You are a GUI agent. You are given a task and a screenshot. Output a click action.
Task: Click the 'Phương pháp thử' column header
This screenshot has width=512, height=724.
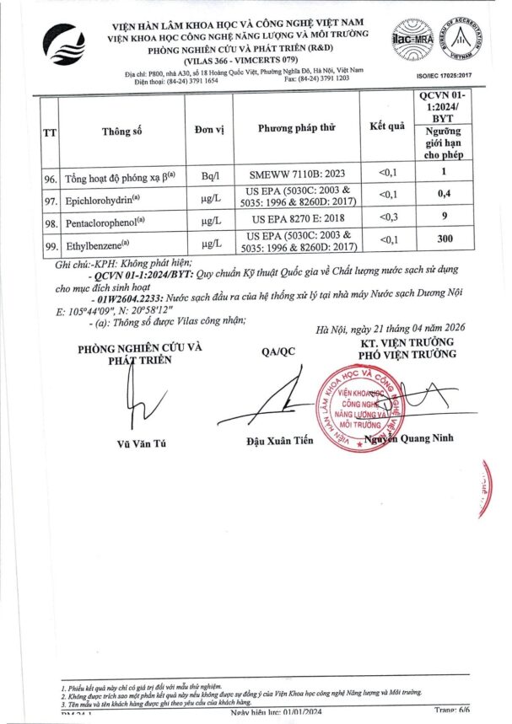(296, 128)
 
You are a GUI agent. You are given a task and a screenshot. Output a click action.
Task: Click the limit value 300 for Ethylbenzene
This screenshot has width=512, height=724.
(447, 240)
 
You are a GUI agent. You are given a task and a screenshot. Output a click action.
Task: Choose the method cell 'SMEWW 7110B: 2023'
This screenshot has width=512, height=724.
(296, 173)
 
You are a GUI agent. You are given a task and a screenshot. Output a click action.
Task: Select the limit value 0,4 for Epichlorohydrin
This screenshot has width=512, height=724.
(447, 195)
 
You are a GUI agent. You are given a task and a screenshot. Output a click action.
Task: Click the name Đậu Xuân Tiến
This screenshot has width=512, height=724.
(278, 441)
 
